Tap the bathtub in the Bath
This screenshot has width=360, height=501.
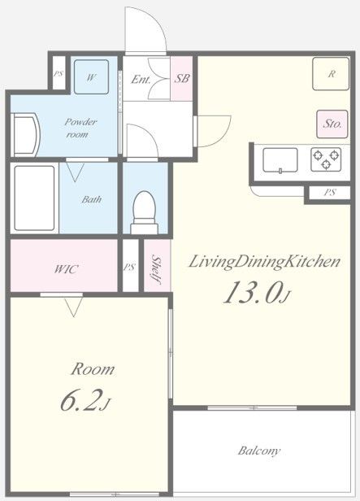click(34, 198)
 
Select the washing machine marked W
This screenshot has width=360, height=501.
click(91, 76)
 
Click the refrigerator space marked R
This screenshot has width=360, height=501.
click(331, 74)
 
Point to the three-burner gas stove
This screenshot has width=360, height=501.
click(326, 159)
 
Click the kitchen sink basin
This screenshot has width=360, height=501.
click(280, 160)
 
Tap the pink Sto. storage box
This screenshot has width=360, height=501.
click(332, 124)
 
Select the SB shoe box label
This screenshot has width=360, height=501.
click(182, 78)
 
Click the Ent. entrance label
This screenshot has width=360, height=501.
click(141, 79)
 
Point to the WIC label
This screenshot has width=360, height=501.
click(66, 269)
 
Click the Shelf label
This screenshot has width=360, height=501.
click(156, 269)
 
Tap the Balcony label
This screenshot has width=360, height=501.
click(259, 451)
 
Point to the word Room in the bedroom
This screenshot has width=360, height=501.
click(93, 369)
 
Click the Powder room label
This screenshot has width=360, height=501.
click(80, 128)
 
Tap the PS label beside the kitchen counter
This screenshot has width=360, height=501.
click(330, 193)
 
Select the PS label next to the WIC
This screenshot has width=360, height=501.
click(129, 267)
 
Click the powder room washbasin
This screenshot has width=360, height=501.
click(25, 135)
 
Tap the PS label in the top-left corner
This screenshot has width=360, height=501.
click(58, 74)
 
